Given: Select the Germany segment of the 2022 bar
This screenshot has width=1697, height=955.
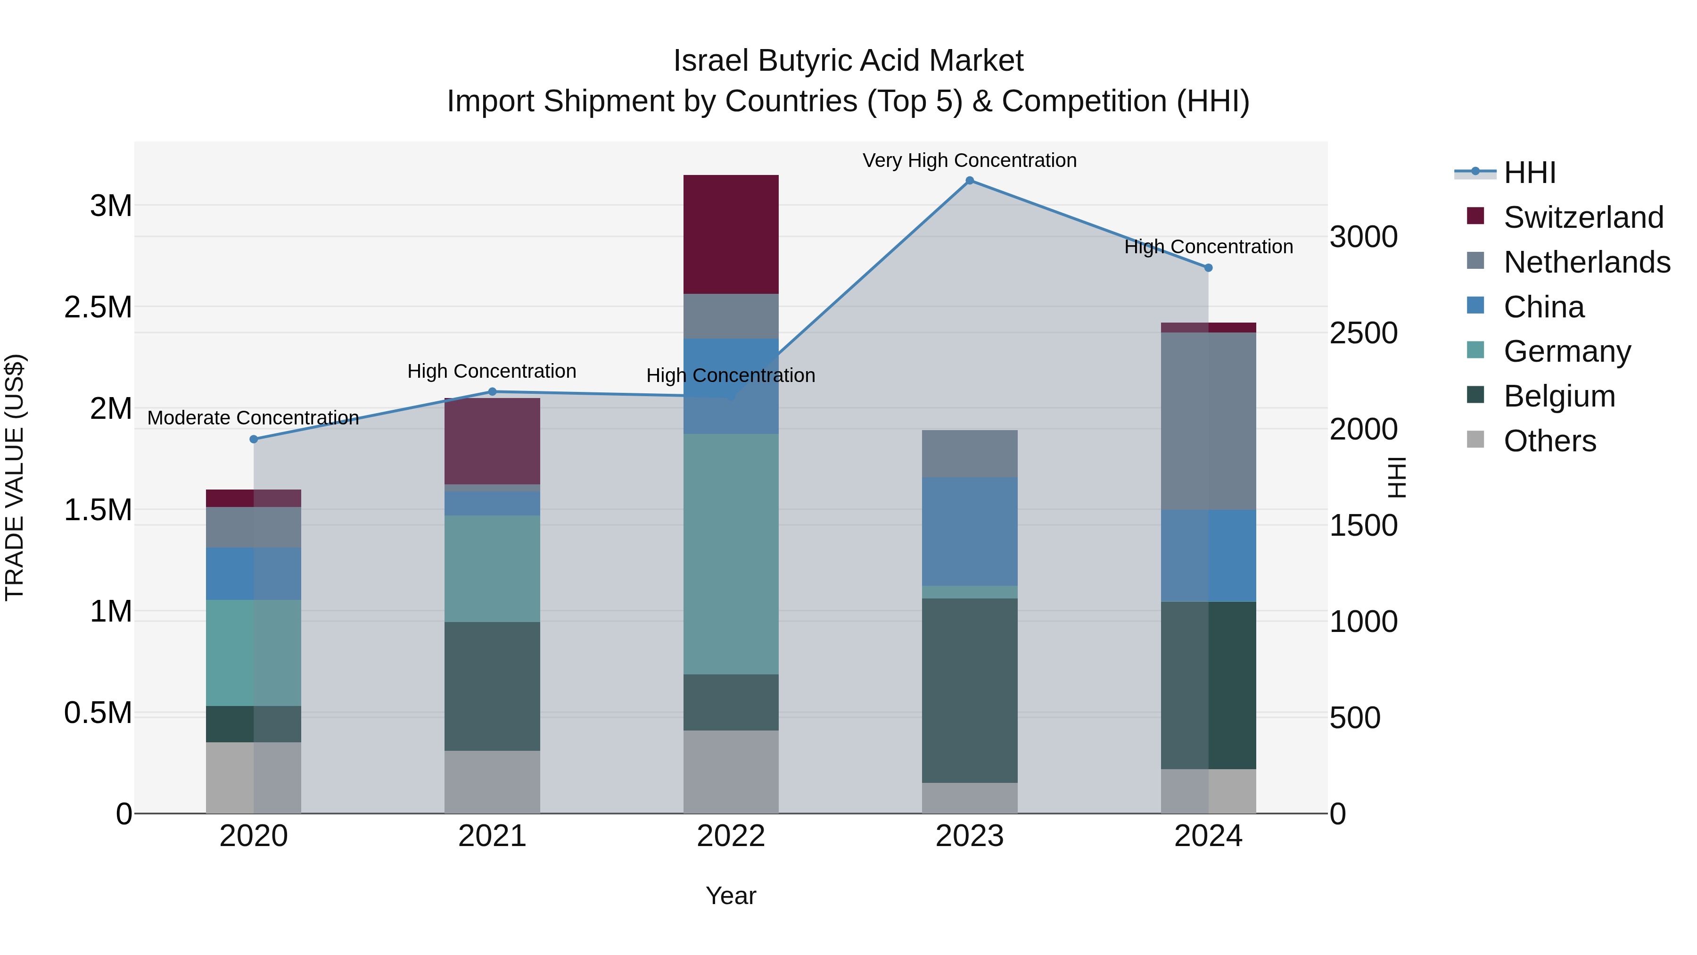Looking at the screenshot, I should [731, 554].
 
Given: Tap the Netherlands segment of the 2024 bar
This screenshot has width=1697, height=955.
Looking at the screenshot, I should [1208, 421].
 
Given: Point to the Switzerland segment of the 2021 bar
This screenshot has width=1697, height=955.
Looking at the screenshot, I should [492, 441].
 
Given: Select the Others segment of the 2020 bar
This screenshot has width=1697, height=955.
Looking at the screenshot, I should [254, 778].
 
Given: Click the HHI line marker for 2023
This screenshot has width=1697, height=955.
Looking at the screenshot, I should [969, 181].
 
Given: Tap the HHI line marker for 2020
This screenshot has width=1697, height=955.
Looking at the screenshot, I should [254, 439].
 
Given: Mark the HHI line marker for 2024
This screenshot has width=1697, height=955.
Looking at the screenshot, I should [1208, 267].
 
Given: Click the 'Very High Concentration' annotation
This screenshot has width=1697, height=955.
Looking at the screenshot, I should [969, 160].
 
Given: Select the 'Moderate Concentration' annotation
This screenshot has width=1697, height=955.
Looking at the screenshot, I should [253, 418].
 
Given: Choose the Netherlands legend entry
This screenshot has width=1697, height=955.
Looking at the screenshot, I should [1586, 262].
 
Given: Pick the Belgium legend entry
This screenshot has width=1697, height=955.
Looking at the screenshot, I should [1559, 396].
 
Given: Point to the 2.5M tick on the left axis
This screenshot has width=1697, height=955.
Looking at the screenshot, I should [98, 307].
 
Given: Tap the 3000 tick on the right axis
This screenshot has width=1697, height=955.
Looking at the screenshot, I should [1363, 237].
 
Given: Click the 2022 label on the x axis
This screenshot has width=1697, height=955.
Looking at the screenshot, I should [731, 836].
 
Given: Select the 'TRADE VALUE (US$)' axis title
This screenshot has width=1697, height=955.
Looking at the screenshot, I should [15, 477].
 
